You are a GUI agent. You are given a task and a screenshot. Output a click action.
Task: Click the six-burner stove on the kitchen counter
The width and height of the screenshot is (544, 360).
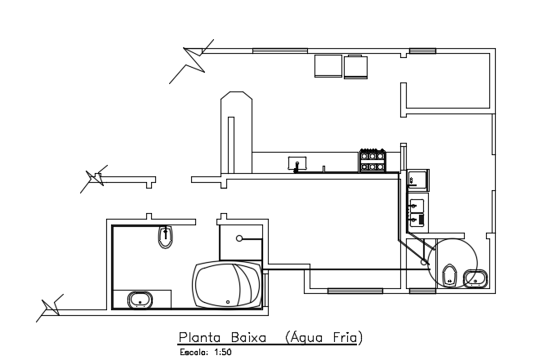coord(372,160)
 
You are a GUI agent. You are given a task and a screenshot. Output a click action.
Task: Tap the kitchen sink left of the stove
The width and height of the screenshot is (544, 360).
coord(297,163)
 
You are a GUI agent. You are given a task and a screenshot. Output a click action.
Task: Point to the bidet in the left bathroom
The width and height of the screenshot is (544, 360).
coord(164,238)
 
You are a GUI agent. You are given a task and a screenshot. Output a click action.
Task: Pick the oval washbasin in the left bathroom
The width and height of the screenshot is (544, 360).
coord(140,299)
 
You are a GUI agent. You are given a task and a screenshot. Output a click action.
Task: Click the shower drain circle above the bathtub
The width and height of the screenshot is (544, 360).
coord(239,238)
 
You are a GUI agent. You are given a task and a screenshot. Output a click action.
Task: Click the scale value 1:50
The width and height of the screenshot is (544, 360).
coord(222,353)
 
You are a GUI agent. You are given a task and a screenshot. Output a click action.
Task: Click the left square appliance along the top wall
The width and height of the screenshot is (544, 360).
coord(328,66)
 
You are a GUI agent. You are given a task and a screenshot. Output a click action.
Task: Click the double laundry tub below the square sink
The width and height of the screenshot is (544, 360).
coord(416,211)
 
